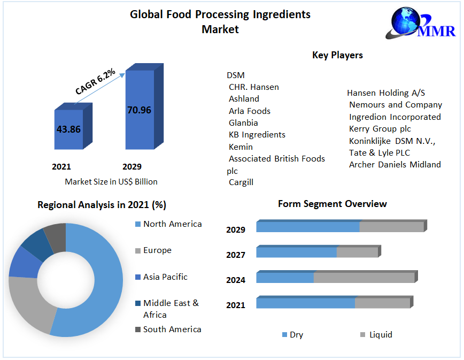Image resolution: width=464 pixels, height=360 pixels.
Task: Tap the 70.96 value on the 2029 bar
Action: click(139, 110)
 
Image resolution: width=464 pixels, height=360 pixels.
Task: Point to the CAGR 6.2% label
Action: click(95, 82)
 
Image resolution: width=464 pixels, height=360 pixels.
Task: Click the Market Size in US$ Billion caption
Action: click(111, 182)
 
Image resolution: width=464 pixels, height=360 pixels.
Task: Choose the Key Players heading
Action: click(337, 55)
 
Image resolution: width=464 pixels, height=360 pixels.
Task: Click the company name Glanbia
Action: click(243, 122)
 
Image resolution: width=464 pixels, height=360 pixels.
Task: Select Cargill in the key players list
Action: click(241, 182)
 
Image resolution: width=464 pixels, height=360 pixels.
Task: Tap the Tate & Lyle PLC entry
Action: click(380, 152)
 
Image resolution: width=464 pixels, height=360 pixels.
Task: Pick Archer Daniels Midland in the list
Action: click(395, 165)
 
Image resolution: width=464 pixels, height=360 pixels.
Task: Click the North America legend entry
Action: click(172, 224)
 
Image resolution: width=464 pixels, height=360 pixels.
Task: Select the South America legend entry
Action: click(172, 330)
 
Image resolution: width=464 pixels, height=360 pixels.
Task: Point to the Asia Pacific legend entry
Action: click(165, 277)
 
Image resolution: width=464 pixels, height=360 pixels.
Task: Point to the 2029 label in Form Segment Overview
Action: click(236, 230)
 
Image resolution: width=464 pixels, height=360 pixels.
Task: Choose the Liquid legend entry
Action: click(380, 335)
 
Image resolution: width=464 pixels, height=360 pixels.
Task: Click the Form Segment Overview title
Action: click(332, 204)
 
